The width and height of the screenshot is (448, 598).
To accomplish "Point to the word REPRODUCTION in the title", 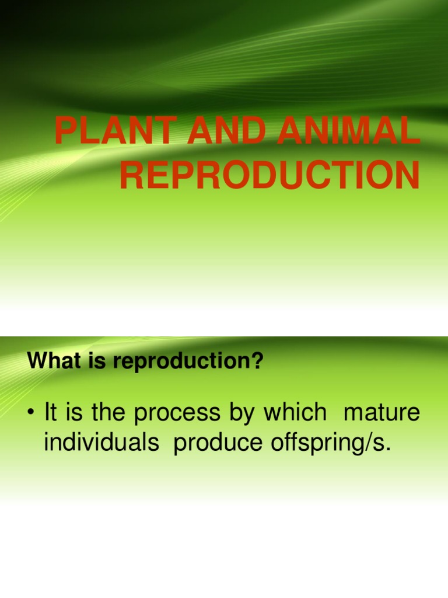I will point(269,176).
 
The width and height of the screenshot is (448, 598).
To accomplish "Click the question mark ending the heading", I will point(258,361).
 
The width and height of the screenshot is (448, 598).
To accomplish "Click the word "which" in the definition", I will point(295,413).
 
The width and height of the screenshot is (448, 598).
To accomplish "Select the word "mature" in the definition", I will point(381,413).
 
